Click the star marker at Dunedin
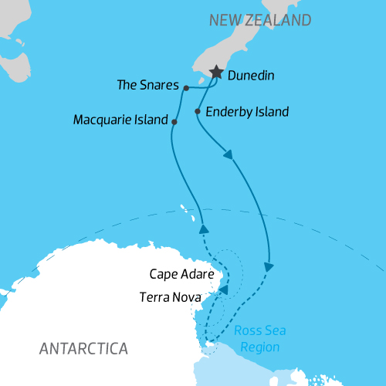215,72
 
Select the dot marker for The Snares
187,88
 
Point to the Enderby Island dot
198,112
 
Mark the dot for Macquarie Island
174,122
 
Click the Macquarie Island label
120,120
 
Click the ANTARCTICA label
83,348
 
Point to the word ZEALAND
277,19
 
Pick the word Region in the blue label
260,347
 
